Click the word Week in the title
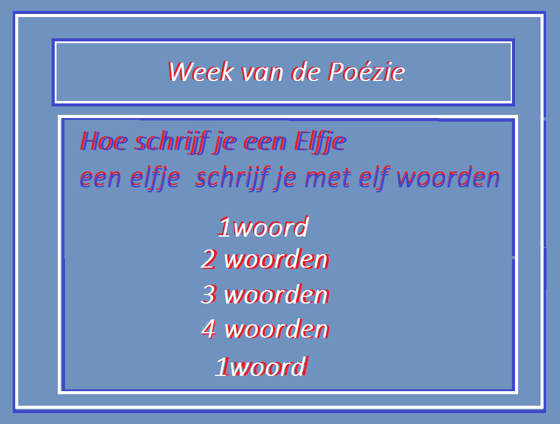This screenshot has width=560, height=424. (x=201, y=71)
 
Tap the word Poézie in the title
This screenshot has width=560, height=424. (x=367, y=71)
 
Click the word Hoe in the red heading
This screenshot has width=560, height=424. (x=103, y=141)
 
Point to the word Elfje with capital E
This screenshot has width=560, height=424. (x=320, y=142)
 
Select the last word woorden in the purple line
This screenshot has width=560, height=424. (x=448, y=177)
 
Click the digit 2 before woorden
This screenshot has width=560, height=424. (x=209, y=259)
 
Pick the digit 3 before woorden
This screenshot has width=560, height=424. (x=209, y=294)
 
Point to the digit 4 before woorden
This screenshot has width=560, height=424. (x=209, y=328)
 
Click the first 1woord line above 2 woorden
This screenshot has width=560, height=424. (x=263, y=226)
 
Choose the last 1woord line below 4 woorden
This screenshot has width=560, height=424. (x=261, y=366)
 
